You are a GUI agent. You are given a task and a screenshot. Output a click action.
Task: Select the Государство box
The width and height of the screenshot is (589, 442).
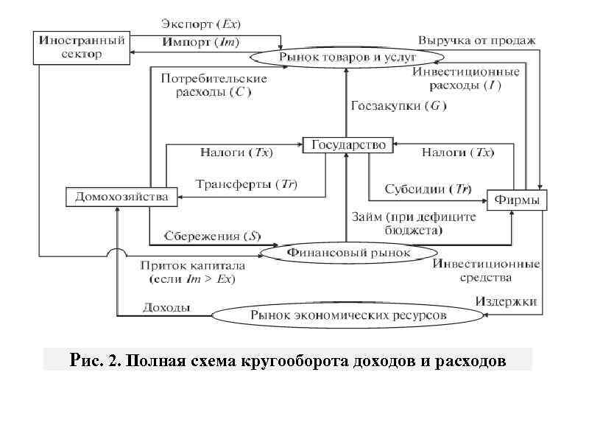[x=348, y=145]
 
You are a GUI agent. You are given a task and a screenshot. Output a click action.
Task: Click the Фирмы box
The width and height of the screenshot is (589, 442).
[x=517, y=200]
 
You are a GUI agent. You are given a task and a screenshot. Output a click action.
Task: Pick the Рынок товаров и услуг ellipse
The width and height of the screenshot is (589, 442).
[x=348, y=57]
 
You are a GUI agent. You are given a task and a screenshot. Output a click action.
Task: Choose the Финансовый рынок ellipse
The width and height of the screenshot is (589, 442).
[x=348, y=253]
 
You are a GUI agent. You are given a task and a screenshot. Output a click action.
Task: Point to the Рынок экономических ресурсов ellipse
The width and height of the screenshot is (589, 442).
[x=348, y=315]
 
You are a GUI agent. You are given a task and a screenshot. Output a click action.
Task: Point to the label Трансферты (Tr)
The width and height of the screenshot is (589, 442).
[x=246, y=183]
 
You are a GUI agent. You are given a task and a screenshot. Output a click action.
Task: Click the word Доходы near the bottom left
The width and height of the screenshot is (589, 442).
[x=168, y=307]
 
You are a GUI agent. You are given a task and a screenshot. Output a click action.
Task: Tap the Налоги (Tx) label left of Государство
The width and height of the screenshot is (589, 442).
[x=236, y=152]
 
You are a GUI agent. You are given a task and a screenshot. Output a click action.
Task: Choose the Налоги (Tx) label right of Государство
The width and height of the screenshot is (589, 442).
[x=457, y=152]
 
